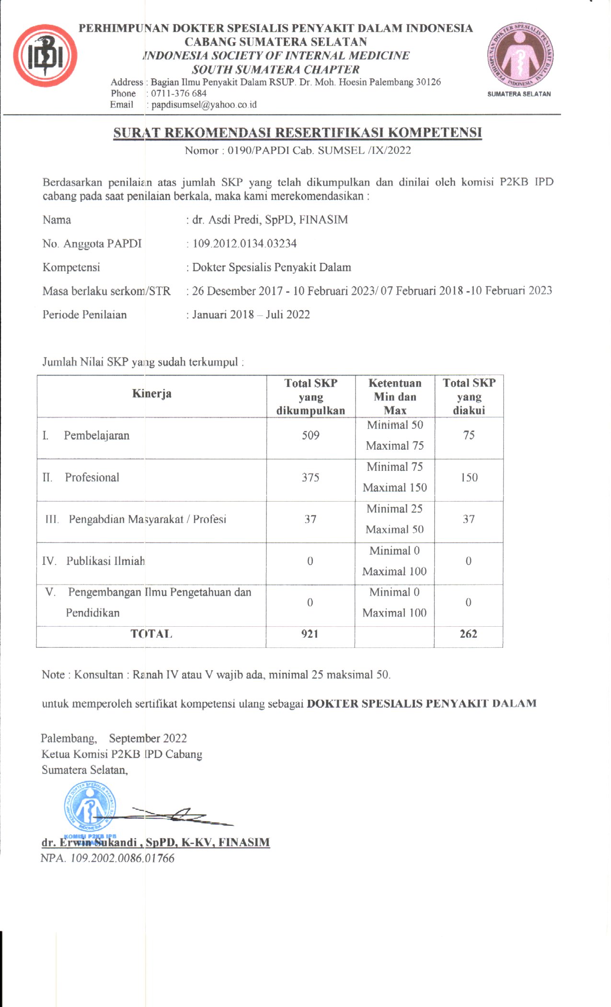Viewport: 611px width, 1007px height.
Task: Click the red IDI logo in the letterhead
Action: pyautogui.click(x=45, y=56)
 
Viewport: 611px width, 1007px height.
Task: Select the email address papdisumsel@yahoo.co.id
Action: pyautogui.click(x=204, y=105)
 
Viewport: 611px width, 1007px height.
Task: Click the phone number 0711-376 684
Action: pyautogui.click(x=179, y=94)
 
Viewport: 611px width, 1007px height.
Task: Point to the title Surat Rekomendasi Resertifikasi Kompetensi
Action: pyautogui.click(x=297, y=132)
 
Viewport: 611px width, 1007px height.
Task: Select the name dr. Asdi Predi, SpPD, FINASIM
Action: pyautogui.click(x=270, y=220)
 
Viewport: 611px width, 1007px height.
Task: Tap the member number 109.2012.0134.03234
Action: pyautogui.click(x=244, y=244)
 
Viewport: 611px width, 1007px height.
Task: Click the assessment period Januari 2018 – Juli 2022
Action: pyautogui.click(x=251, y=315)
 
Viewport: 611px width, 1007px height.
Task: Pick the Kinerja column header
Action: pyautogui.click(x=151, y=394)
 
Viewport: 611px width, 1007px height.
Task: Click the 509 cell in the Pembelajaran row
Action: pyautogui.click(x=311, y=435)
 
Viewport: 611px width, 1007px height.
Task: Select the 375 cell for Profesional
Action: pyautogui.click(x=311, y=478)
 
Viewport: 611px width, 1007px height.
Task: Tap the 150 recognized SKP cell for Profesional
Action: pyautogui.click(x=469, y=478)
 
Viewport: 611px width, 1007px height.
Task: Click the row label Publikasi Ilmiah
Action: pyautogui.click(x=105, y=561)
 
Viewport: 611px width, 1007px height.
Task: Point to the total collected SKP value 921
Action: pyautogui.click(x=310, y=634)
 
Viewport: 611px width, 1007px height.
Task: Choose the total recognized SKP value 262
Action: pyautogui.click(x=468, y=634)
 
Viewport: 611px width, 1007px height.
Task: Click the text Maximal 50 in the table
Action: pyautogui.click(x=394, y=529)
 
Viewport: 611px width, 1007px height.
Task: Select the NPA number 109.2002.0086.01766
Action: pyautogui.click(x=122, y=858)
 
